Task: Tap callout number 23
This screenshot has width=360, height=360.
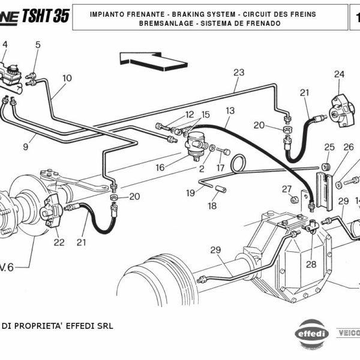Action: point(239,73)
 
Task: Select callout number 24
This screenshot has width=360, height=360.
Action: point(340,74)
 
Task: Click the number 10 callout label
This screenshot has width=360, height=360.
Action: point(67,78)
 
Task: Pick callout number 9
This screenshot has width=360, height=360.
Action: point(26,146)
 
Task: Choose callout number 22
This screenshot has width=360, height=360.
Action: point(59,242)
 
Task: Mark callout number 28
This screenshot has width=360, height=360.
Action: point(310,264)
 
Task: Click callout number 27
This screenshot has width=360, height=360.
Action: point(287,189)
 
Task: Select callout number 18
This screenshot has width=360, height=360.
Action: point(212,206)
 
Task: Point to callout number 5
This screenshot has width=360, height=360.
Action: point(38,45)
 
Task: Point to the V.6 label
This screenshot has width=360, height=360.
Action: point(6,267)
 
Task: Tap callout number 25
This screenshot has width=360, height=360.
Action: point(329,147)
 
